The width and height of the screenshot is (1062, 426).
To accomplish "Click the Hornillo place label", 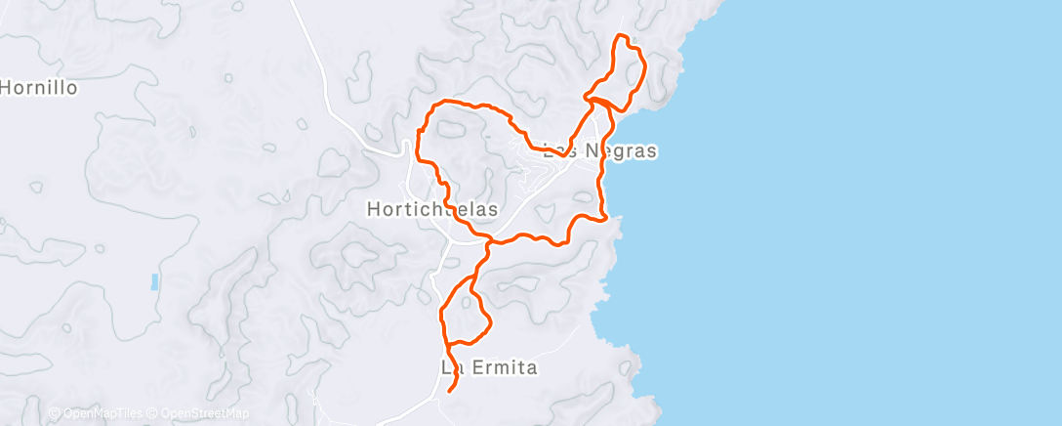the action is [x=38, y=87].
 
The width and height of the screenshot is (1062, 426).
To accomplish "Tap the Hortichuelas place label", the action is [x=431, y=208].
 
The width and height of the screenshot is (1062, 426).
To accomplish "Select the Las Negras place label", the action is [x=599, y=151].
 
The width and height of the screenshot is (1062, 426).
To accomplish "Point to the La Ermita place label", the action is [x=490, y=368].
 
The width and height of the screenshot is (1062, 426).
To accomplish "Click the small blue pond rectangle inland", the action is [x=154, y=282].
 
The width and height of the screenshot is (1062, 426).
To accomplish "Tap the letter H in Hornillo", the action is [x=5, y=87].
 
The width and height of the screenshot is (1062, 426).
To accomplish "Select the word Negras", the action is [x=620, y=151].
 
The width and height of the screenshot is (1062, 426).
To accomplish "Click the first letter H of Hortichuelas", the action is [x=373, y=208].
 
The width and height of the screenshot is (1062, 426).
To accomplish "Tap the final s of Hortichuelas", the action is [x=494, y=208].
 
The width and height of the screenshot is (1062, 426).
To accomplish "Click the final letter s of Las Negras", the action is [x=652, y=151].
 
